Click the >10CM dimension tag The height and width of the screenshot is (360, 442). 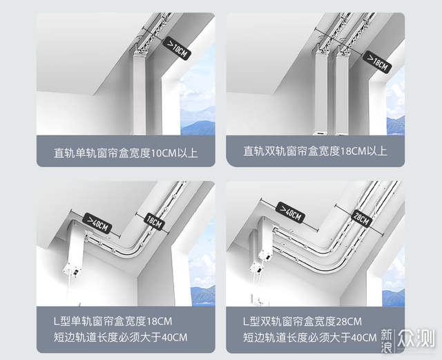coord(177,48)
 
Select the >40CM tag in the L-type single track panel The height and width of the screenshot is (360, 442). coord(98,223)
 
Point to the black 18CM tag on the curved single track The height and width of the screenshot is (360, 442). coord(154,221)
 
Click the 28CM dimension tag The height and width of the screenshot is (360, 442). coord(361,218)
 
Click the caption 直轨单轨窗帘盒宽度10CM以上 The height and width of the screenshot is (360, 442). coord(126,153)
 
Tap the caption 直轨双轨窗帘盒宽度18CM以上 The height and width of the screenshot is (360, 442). coord(315,151)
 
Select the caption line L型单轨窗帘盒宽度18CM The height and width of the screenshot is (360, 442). coord(113,321)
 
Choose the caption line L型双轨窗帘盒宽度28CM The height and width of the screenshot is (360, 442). coord(302,321)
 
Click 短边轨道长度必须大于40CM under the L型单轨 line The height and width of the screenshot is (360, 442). coord(120,337)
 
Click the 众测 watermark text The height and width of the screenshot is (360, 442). coord(416,338)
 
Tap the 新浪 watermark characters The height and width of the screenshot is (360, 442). coord(387,341)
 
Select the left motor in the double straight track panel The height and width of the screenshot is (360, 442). coord(320,93)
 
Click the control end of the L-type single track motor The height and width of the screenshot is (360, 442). coord(72,269)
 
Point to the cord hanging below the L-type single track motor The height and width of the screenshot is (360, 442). coord(68,291)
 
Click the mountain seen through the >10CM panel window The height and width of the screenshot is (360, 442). coord(198,122)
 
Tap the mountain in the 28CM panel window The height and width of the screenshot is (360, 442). coord(394,297)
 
